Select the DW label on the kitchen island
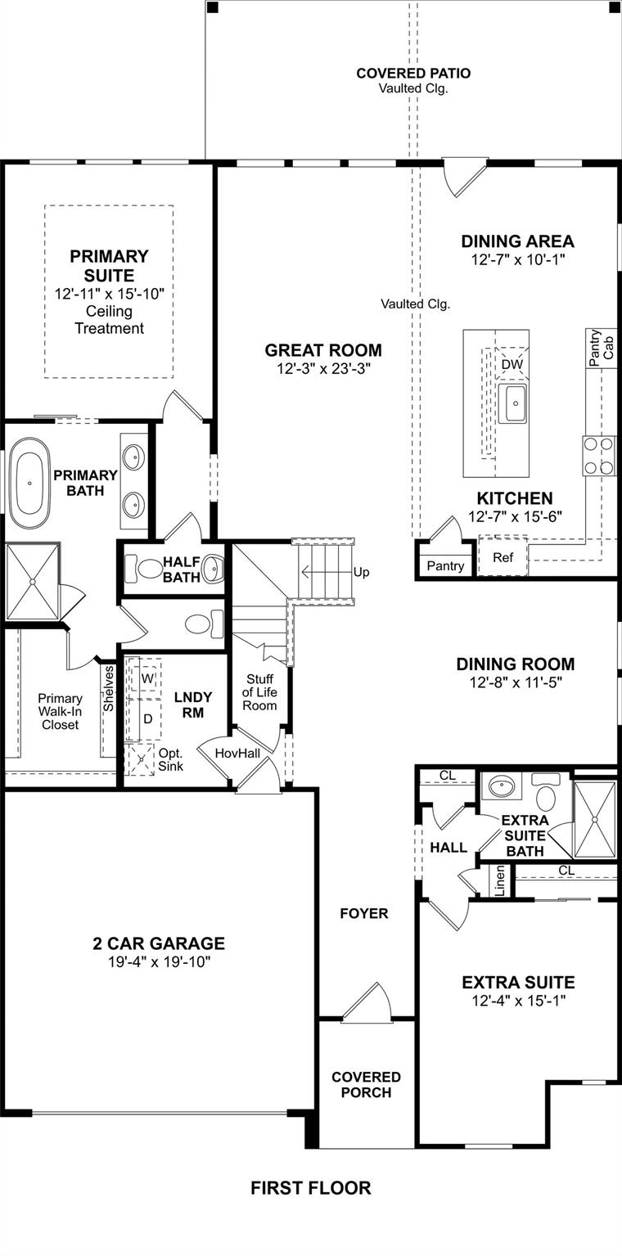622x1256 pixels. pyautogui.click(x=512, y=364)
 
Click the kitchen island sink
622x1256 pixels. pyautogui.click(x=516, y=404)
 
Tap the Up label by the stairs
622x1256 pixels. pyautogui.click(x=361, y=572)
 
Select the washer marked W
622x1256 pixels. pyautogui.click(x=147, y=678)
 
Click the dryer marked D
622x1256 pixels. pyautogui.click(x=148, y=718)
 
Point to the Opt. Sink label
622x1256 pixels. pyautogui.click(x=170, y=759)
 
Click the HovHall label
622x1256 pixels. pyautogui.click(x=236, y=753)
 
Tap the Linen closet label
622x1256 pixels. pyautogui.click(x=500, y=880)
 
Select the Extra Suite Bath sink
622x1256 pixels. pyautogui.click(x=498, y=788)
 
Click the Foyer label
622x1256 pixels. pyautogui.click(x=364, y=913)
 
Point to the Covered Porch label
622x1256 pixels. pyautogui.click(x=366, y=1084)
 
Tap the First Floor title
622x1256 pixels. pyautogui.click(x=310, y=1188)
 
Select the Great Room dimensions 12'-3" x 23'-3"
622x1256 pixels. pyautogui.click(x=323, y=369)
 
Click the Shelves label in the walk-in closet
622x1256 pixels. pyautogui.click(x=108, y=687)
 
